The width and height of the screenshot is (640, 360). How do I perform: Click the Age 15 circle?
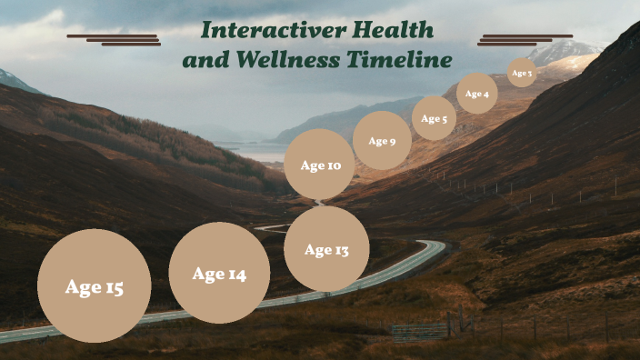point(94,285)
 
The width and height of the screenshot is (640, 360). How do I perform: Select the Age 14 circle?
point(219,273)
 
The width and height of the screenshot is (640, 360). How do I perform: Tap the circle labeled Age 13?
point(326,249)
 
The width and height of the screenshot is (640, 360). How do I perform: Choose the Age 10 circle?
point(319,165)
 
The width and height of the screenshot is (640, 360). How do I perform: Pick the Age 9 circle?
point(382,140)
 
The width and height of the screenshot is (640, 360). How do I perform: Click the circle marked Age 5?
point(434,118)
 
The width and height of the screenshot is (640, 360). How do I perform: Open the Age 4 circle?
point(476,94)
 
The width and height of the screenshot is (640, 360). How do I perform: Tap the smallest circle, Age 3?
point(522,73)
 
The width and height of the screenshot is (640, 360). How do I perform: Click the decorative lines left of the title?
point(115,39)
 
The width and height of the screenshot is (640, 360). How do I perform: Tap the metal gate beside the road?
point(420,330)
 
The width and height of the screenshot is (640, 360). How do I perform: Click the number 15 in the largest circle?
point(114,287)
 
